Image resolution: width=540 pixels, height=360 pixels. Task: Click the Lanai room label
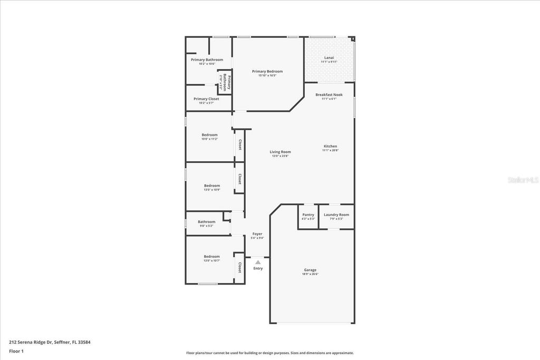pos(329,57)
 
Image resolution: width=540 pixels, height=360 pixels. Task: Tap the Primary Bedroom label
pos(267,71)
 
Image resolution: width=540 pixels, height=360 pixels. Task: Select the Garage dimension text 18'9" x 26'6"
pos(310,274)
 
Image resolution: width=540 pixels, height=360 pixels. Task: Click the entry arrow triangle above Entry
pos(258,262)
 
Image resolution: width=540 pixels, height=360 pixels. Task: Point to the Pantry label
pos(308,215)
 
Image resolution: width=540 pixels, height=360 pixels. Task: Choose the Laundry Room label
pos(336,215)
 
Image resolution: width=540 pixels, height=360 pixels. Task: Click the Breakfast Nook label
pos(329,95)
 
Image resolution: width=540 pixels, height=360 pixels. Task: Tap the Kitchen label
pos(330,146)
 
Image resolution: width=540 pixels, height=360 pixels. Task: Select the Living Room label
pos(281,152)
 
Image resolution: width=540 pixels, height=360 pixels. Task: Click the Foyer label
pos(257,233)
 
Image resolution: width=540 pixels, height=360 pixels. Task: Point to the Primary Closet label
pos(206,99)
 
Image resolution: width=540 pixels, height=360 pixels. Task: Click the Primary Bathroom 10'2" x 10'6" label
pos(207,60)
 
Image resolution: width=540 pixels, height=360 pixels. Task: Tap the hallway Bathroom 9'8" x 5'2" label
pos(207,222)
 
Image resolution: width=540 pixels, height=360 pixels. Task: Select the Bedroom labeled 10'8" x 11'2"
pos(209,135)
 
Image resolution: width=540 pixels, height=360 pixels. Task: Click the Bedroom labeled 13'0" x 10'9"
pos(212,186)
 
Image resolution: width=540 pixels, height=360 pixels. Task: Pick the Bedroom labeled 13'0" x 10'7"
pos(212,256)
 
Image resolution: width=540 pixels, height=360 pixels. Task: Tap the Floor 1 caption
pos(17,351)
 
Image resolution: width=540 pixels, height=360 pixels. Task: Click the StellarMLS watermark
pos(523,180)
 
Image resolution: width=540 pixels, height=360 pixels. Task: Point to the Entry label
pos(258,268)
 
